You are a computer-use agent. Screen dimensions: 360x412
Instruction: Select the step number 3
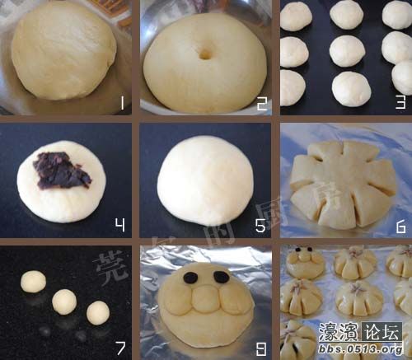400,103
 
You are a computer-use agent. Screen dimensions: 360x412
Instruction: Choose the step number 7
120,348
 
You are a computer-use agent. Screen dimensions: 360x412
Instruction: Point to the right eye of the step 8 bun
221,278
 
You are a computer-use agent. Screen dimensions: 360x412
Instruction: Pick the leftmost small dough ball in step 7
34,283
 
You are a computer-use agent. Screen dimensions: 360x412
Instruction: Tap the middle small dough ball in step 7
65,300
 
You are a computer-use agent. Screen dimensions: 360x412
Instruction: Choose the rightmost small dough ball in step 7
98,311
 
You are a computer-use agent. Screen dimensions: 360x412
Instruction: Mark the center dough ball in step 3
347,51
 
